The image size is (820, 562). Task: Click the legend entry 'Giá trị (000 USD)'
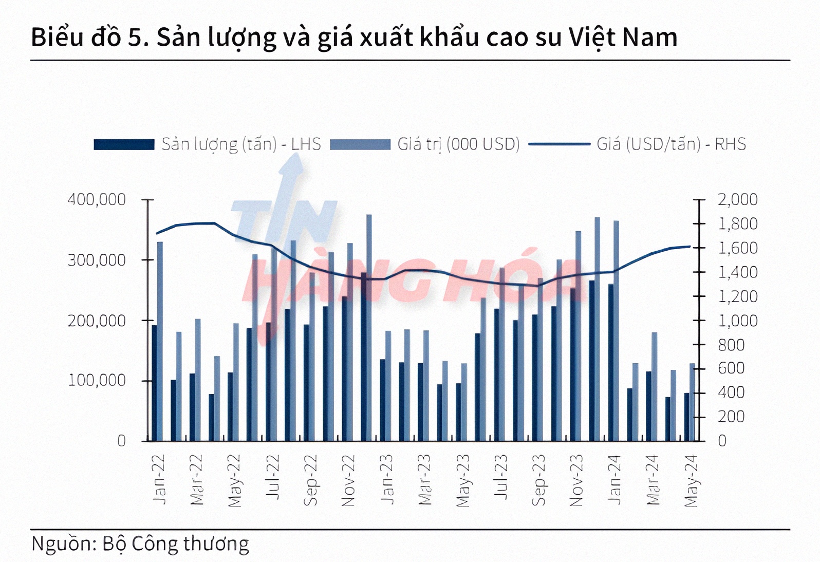pyautogui.click(x=424, y=144)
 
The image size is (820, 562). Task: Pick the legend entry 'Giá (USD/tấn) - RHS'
pyautogui.click(x=637, y=144)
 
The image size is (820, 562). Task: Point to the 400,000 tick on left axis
pyautogui.click(x=97, y=199)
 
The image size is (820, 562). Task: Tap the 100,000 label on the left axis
pyautogui.click(x=97, y=381)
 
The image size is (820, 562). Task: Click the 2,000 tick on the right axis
pyautogui.click(x=737, y=199)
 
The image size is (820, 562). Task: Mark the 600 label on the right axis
pyautogui.click(x=731, y=368)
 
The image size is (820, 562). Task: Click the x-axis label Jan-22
pyautogui.click(x=159, y=479)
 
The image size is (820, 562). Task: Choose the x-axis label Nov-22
pyautogui.click(x=348, y=480)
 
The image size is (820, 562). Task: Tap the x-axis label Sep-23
pyautogui.click(x=538, y=480)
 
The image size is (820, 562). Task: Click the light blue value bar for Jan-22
pyautogui.click(x=160, y=341)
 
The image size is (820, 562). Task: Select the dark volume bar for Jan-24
pyautogui.click(x=611, y=362)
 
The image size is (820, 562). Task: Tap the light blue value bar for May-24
pyautogui.click(x=693, y=402)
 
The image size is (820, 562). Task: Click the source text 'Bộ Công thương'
pyautogui.click(x=176, y=544)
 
